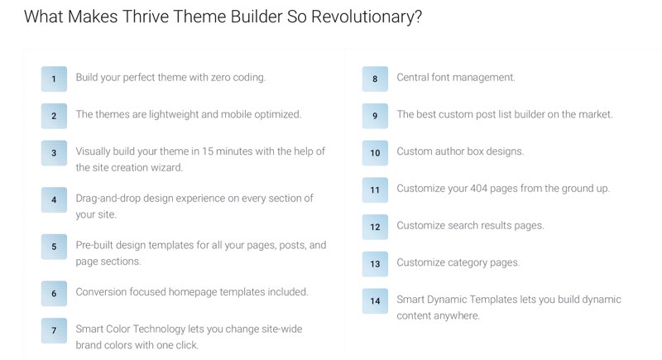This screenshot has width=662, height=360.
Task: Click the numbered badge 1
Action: click(x=54, y=79)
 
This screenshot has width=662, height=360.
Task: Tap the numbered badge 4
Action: click(x=54, y=199)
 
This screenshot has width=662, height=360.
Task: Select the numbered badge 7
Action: click(x=54, y=330)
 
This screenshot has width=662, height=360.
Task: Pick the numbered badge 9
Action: click(x=375, y=116)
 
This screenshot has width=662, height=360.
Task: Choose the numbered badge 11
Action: click(x=375, y=190)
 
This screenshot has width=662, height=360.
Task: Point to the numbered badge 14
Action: click(x=375, y=301)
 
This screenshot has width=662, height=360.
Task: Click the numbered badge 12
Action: click(x=375, y=227)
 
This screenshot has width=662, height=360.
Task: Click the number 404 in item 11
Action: click(x=479, y=188)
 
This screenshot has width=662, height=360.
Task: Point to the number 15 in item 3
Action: click(x=208, y=151)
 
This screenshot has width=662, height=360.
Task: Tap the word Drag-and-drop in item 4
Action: click(x=108, y=199)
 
